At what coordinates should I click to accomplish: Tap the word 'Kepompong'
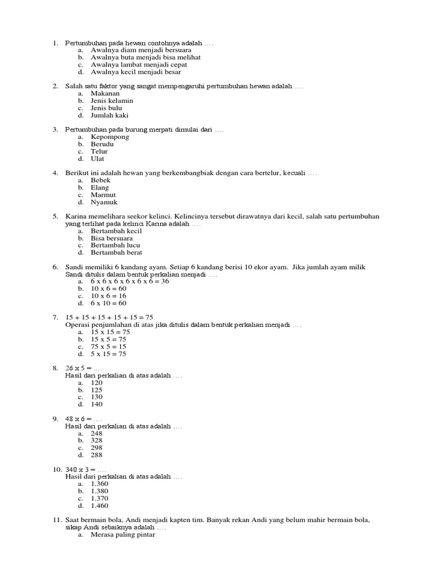tap(110, 137)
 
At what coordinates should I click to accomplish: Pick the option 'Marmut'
tap(103, 195)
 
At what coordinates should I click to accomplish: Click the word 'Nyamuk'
tap(104, 202)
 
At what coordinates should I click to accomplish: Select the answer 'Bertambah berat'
tap(115, 253)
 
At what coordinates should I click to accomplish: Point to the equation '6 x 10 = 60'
tap(109, 303)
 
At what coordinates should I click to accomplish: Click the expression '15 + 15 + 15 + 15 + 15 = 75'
tap(110, 317)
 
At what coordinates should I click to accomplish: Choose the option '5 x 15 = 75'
tap(109, 354)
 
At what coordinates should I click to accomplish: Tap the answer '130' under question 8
tap(97, 397)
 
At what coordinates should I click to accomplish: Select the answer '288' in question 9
tap(97, 455)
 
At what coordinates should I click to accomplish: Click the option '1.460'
tap(100, 506)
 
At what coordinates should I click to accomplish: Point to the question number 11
tap(57, 520)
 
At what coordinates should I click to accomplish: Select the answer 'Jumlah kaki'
tap(110, 115)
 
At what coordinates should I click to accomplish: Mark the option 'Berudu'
tap(102, 144)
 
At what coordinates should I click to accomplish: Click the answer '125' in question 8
tap(97, 390)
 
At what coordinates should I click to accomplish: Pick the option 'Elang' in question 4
tap(100, 187)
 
